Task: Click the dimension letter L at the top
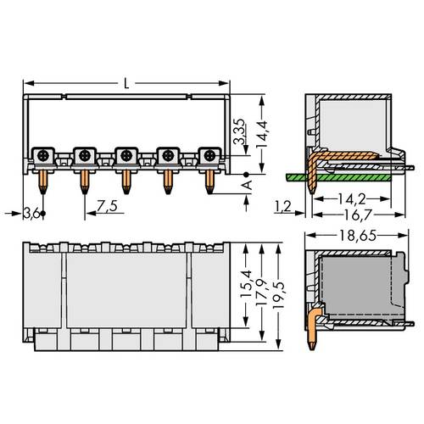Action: point(127,83)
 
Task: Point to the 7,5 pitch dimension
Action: point(108,206)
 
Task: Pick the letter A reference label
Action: point(248,184)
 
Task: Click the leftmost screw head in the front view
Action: point(42,155)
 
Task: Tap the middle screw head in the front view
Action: point(126,155)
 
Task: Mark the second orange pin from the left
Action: point(83,179)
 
